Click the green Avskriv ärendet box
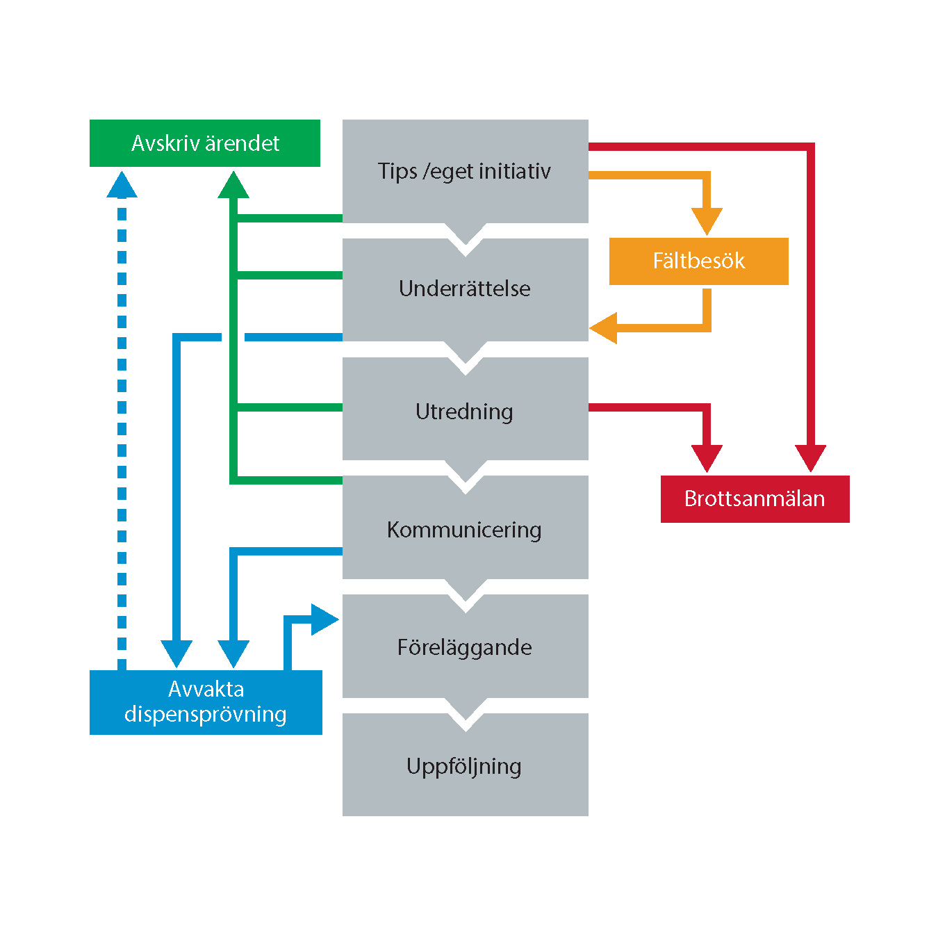coord(205,143)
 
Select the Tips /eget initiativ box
coord(465,171)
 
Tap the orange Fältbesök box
coord(698,261)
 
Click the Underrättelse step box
coord(465,289)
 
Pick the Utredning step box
coord(465,412)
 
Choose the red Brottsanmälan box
coord(755,499)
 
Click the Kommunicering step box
coord(465,530)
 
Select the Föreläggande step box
coord(465,647)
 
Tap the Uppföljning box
coord(465,765)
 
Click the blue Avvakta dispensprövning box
coord(206,702)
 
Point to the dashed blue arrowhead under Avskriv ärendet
coord(122,185)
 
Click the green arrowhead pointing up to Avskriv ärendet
coord(233,185)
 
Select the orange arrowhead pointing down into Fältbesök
coord(707,221)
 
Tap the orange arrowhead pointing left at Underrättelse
coord(604,327)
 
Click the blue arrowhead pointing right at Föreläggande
coord(324,619)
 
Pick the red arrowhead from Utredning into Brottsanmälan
coord(707,458)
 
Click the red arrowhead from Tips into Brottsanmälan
coord(810,458)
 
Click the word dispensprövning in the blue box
coord(206,715)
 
